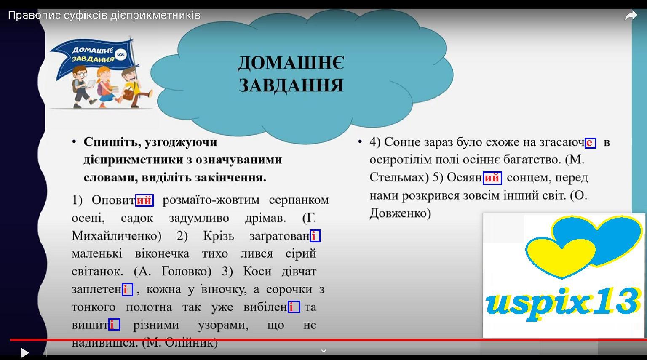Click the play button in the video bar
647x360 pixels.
(25, 352)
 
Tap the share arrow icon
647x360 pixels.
(631, 15)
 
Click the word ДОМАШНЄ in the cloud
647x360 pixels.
(291, 63)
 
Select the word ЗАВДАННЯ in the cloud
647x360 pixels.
(291, 85)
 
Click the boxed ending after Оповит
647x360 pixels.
(144, 200)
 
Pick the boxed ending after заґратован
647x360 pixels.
(315, 236)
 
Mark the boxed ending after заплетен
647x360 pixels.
(127, 290)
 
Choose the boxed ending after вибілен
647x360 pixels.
(294, 307)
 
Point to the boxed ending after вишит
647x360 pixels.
(114, 325)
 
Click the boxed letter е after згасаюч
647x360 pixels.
(591, 143)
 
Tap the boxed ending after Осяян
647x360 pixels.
(492, 178)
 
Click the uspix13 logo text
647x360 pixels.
(562, 304)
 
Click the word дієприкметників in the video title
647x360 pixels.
(155, 15)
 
